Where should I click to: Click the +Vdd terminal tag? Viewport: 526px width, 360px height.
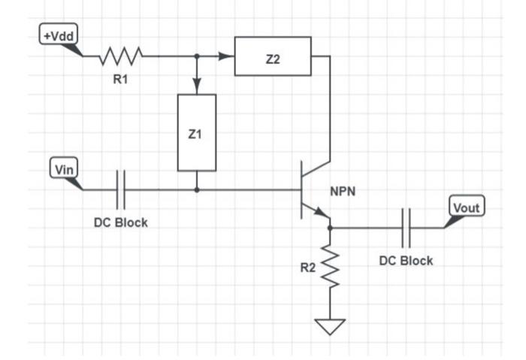coord(58,35)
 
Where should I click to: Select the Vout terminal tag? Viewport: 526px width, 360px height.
coord(467,206)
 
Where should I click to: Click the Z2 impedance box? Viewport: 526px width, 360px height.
coord(273,56)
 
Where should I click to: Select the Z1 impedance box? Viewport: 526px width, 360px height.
coord(196,132)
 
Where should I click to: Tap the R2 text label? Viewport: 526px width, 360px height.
coord(308,268)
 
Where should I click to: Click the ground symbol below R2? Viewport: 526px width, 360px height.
coord(330,325)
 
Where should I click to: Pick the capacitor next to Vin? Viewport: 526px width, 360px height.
coord(120,189)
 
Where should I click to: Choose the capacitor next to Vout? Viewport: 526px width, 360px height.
coord(407,227)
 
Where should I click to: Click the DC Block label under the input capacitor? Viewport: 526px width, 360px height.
coord(120,223)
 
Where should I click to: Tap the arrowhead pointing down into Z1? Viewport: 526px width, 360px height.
coord(196,87)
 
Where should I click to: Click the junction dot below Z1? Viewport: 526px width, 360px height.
coord(196,189)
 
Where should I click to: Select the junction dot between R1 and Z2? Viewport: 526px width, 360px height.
coord(196,56)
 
